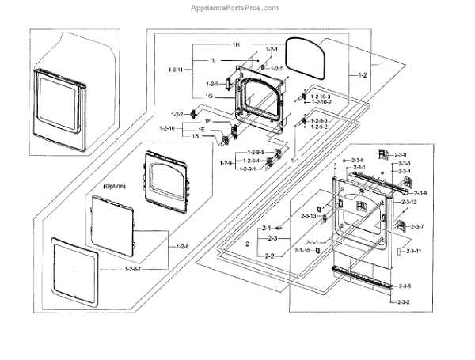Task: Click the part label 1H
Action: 236,44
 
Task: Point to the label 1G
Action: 210,96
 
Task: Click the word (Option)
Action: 116,187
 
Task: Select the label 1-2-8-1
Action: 136,270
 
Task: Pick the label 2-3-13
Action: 308,215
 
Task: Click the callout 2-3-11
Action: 413,251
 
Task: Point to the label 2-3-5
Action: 405,285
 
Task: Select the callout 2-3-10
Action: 302,250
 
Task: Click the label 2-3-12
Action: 408,203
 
